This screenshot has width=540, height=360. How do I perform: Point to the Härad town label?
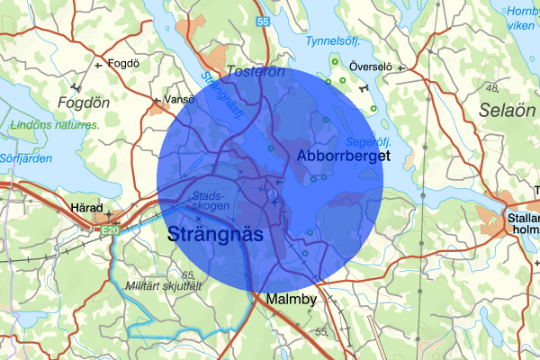click(x=88, y=207)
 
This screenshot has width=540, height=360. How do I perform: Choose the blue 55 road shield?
click(x=262, y=20)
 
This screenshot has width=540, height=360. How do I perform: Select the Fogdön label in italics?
click(x=83, y=102)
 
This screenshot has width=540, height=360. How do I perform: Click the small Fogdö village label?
click(x=121, y=63)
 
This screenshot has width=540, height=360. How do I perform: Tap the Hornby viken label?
click(x=521, y=18)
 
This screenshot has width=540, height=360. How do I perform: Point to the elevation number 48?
click(x=491, y=88)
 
